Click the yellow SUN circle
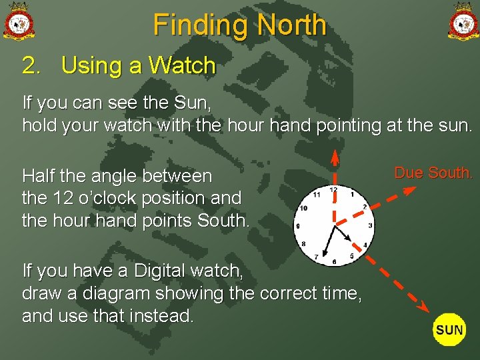click(x=450, y=329)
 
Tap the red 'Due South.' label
click(x=433, y=173)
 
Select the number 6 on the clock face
click(x=334, y=261)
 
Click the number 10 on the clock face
click(x=304, y=208)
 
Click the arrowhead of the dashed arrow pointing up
click(x=335, y=155)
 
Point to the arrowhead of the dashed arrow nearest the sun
click(x=423, y=306)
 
